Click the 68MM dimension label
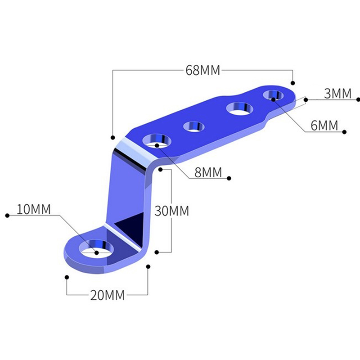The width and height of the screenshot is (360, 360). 203,70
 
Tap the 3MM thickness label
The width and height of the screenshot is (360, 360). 337,94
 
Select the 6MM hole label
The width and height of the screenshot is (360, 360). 324,126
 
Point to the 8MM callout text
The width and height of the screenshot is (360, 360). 208,172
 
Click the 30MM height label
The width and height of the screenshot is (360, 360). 171,211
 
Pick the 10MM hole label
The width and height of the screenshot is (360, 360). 33,209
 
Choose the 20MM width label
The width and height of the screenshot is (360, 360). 107,295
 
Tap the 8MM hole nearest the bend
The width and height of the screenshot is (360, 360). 157,140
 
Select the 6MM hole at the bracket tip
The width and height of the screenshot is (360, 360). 273,95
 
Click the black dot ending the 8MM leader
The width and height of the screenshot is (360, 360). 229,178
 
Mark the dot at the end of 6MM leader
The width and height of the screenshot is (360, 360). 344,132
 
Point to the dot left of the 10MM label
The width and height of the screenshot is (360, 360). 7,216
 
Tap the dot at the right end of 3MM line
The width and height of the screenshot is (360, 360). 358,99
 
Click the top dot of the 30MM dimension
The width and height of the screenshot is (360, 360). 161,170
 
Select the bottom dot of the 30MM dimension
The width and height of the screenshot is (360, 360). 157,252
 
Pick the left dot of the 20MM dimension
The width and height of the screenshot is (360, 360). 67,277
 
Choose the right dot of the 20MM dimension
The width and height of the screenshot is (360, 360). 148,266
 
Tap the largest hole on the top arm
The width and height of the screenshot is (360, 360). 240,108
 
